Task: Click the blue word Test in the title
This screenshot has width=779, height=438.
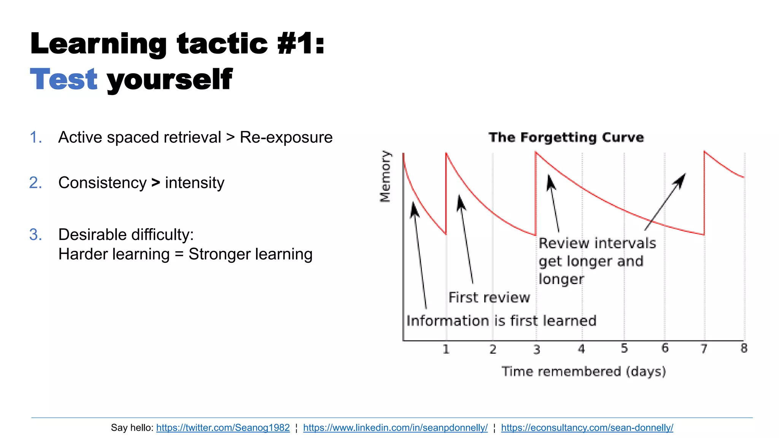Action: tap(64, 79)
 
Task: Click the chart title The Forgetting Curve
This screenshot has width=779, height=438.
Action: tap(566, 137)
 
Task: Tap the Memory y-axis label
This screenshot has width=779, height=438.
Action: tap(385, 176)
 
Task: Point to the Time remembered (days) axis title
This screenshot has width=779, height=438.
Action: tap(583, 371)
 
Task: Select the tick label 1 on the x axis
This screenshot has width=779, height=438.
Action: tap(446, 349)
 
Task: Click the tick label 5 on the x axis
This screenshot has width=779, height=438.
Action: tap(624, 348)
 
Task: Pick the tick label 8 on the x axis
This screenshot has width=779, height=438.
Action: tap(744, 348)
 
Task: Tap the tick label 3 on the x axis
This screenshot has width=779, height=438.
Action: tap(536, 349)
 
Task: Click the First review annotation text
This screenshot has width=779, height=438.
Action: tap(489, 297)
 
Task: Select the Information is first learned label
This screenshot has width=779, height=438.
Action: tap(501, 321)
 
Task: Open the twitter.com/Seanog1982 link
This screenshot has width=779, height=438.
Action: tap(223, 428)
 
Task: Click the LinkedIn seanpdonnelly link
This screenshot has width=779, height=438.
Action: tap(395, 428)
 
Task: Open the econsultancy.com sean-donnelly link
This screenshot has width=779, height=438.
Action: tap(587, 428)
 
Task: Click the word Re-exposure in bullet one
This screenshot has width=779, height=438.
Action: tap(286, 137)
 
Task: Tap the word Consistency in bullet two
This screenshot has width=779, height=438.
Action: tap(102, 183)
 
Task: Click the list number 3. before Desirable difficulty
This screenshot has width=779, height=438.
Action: tap(35, 235)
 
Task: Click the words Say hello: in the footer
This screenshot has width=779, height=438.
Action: tap(132, 428)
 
